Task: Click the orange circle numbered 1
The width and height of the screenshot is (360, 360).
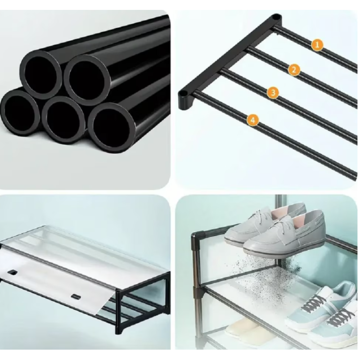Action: coord(317,45)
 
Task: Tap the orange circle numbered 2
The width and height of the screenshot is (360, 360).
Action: coord(294,69)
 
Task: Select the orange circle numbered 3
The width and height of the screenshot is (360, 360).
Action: coord(273,93)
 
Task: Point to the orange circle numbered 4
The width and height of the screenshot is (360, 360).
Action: coord(253,120)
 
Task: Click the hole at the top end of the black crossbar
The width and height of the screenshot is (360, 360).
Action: coord(276,17)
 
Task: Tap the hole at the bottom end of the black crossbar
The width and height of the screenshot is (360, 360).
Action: coord(183,94)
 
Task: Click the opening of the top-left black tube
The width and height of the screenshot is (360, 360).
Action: coord(40,74)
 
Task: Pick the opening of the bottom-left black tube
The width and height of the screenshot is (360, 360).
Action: coord(19,112)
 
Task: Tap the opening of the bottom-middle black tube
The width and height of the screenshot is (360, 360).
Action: coord(63,120)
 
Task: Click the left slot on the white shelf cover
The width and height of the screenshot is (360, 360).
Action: coord(13,272)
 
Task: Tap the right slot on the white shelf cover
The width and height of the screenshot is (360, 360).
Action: coord(76,297)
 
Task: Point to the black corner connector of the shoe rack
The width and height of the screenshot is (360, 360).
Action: coord(198,235)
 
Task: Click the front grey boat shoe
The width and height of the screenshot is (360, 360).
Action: coord(284,234)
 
